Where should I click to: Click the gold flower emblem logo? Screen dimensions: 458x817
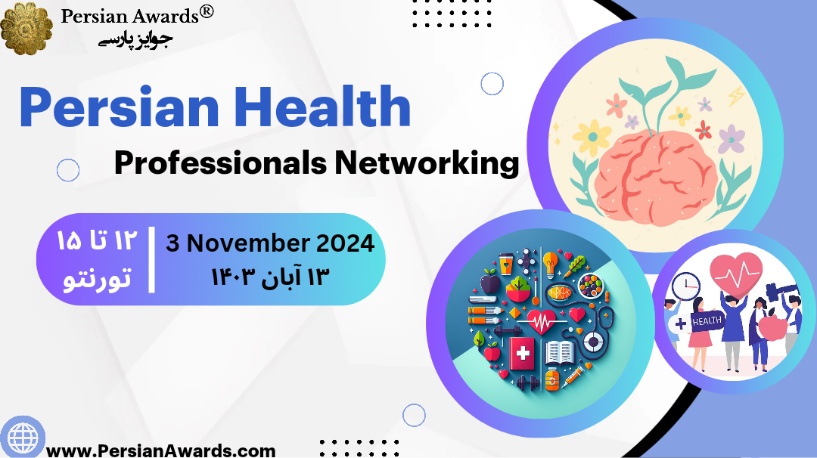[x=27, y=28]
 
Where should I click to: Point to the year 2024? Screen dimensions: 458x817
[x=346, y=243]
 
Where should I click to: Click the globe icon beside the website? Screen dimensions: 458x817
[x=22, y=437]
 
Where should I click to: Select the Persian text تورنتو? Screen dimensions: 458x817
[x=96, y=278]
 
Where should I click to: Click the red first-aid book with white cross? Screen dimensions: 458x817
[x=522, y=353]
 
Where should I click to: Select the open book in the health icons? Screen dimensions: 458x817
[x=561, y=352]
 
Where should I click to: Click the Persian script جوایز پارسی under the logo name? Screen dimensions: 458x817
[x=136, y=39]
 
